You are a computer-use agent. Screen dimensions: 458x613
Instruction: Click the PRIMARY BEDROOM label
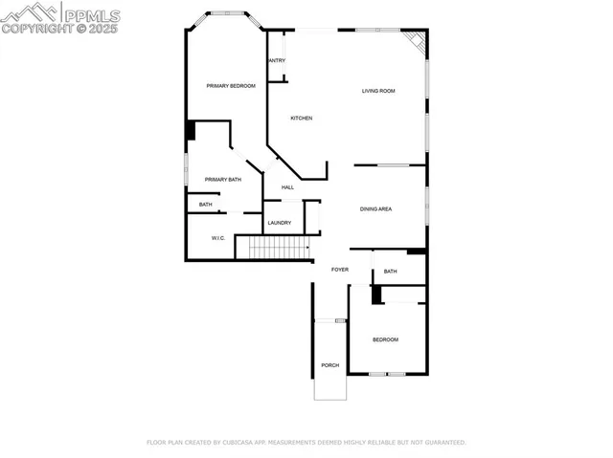pyautogui.click(x=231, y=86)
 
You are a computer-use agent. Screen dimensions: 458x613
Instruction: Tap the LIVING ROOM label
pyautogui.click(x=378, y=91)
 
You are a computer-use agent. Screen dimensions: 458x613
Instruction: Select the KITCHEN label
pyautogui.click(x=302, y=118)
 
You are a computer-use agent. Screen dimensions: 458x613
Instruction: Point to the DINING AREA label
pyautogui.click(x=375, y=208)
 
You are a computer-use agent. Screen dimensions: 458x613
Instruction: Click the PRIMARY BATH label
pyautogui.click(x=222, y=179)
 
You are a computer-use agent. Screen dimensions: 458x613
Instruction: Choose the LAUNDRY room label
pyautogui.click(x=280, y=223)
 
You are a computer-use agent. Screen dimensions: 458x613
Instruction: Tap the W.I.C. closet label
pyautogui.click(x=217, y=238)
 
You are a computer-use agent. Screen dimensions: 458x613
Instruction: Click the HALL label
pyautogui.click(x=287, y=186)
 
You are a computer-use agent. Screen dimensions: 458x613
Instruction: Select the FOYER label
pyautogui.click(x=340, y=270)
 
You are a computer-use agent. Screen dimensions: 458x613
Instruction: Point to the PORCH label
pyautogui.click(x=329, y=365)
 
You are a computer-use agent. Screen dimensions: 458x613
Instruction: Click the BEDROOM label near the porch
pyautogui.click(x=385, y=339)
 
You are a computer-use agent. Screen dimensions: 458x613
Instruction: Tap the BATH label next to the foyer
pyautogui.click(x=390, y=272)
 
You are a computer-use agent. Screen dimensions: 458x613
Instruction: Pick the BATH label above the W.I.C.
pyautogui.click(x=206, y=204)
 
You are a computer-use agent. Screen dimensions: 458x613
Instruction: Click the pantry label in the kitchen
pyautogui.click(x=277, y=60)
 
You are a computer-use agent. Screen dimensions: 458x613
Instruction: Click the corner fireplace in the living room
pyautogui.click(x=415, y=40)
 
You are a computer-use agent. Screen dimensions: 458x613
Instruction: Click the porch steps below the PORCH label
pyautogui.click(x=329, y=387)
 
